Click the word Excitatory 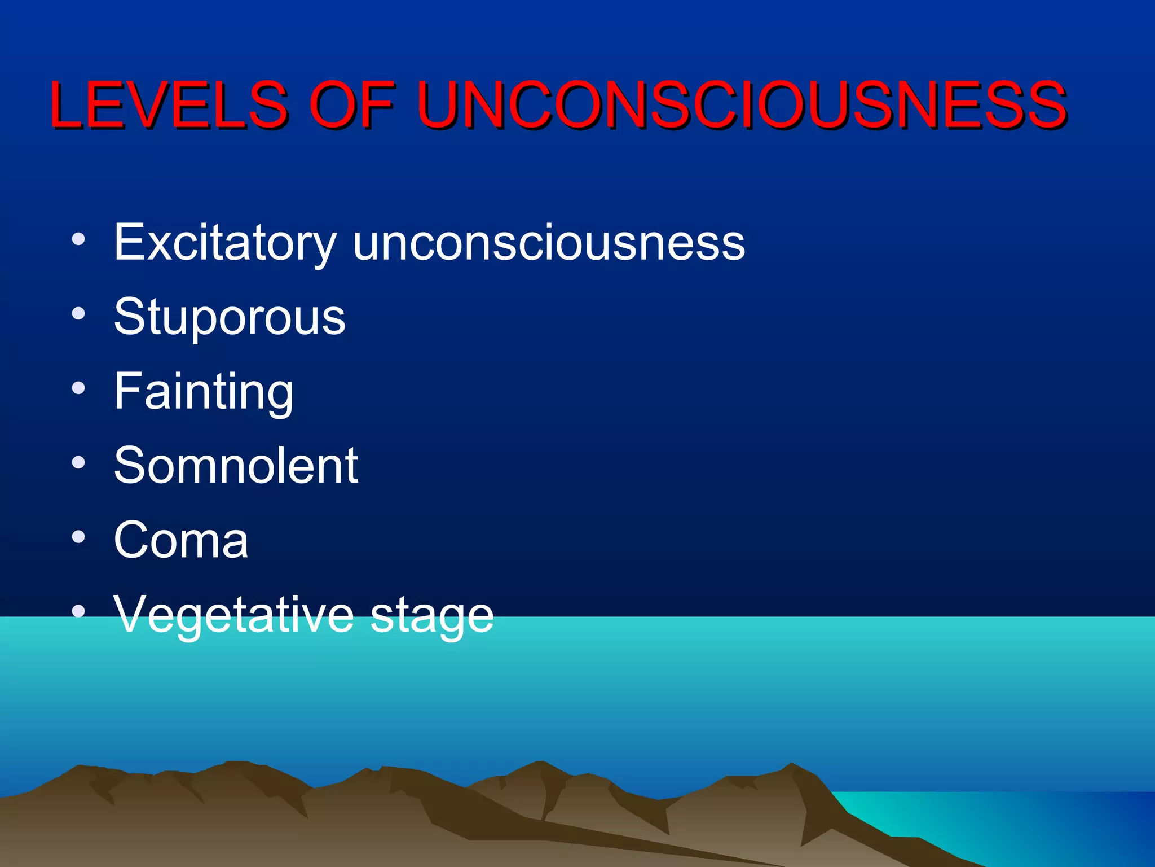coord(225,243)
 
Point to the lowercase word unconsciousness coord(548,243)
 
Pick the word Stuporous coord(230,317)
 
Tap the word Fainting coord(204,392)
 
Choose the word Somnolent coord(236,466)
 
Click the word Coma coord(181,540)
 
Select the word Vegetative coord(234,615)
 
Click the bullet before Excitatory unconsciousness coord(78,239)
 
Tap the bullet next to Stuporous coord(78,313)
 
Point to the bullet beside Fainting coord(78,388)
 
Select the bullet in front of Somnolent coord(78,462)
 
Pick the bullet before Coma coord(78,537)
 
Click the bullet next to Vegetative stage coord(78,611)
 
